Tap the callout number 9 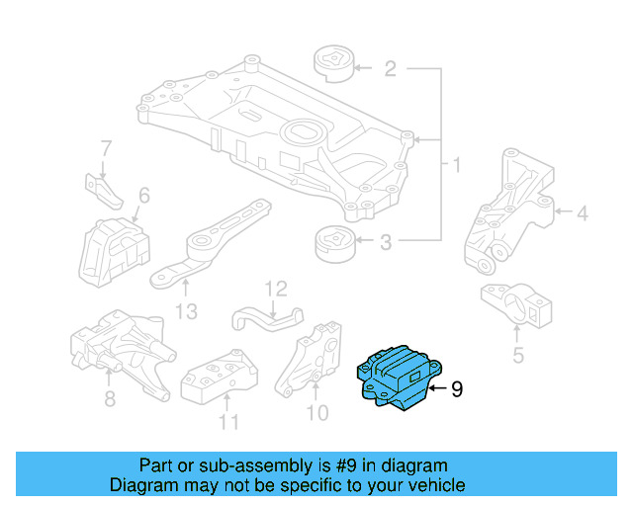[456, 390]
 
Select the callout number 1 [456, 163]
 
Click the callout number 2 [390, 69]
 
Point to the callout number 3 [387, 241]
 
